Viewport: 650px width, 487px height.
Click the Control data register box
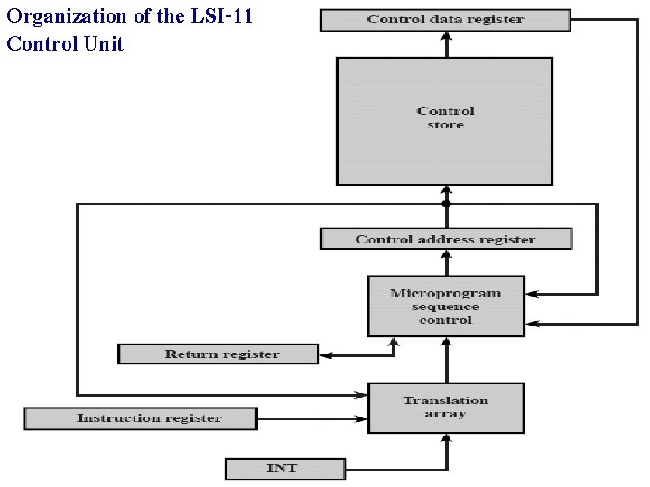pos(446,20)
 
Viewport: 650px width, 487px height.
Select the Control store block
pos(444,121)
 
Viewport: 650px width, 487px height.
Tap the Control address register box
pos(446,239)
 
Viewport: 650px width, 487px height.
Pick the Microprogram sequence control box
pos(446,307)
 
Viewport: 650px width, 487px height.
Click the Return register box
pos(218,354)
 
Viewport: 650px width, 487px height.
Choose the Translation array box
pos(446,408)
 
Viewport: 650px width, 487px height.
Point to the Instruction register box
pos(141,418)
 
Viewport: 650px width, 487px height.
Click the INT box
pos(284,469)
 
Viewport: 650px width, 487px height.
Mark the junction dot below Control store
pos(446,204)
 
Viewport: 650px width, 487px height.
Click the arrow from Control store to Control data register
pos(446,44)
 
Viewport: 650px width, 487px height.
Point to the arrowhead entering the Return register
pos(326,355)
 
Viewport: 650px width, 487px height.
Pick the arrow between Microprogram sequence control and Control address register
pos(446,263)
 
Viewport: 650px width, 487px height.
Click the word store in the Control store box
pos(446,125)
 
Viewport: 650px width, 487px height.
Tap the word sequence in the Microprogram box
pos(446,307)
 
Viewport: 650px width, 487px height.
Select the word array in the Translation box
pos(446,414)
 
